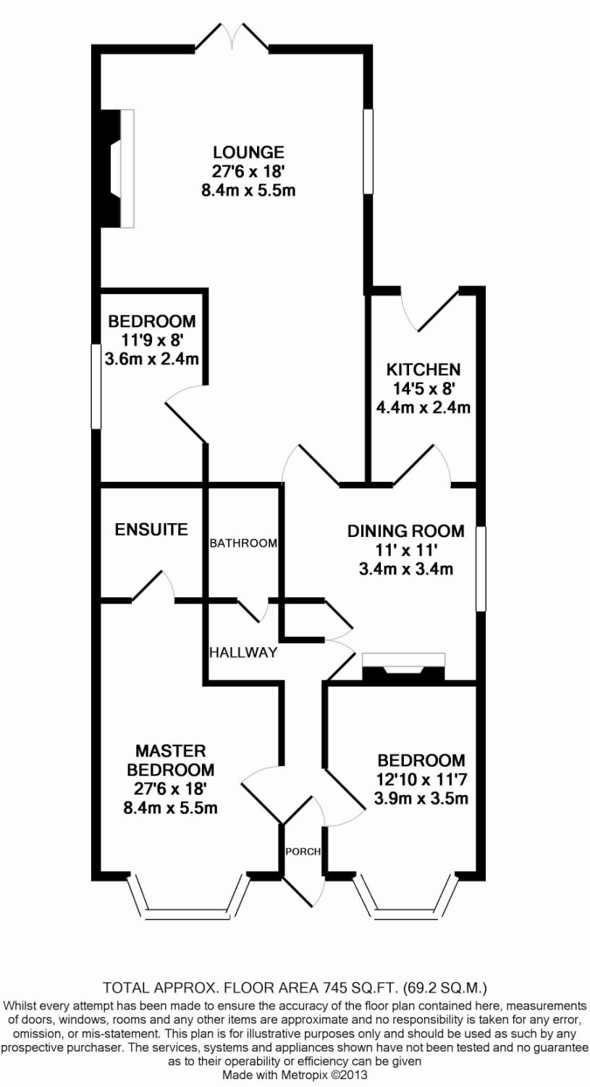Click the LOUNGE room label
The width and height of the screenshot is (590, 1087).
click(248, 153)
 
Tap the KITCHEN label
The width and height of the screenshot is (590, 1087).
click(423, 370)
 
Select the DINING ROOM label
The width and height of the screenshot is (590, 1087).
click(405, 531)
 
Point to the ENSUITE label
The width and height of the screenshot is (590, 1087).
click(151, 530)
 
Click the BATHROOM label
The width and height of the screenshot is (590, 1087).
click(243, 543)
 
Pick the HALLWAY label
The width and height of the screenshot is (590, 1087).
click(243, 652)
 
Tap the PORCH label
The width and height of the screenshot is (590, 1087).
click(303, 851)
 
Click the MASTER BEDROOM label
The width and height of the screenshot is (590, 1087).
click(170, 760)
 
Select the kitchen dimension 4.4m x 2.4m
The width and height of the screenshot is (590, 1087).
click(423, 407)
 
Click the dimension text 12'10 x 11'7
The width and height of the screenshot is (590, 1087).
click(421, 780)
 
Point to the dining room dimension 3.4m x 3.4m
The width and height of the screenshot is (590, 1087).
click(405, 569)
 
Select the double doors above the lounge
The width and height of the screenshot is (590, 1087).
click(232, 38)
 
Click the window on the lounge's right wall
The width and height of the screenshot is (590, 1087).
click(368, 151)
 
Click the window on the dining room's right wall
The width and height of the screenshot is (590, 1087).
click(480, 569)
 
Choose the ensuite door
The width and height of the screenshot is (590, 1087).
click(155, 586)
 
